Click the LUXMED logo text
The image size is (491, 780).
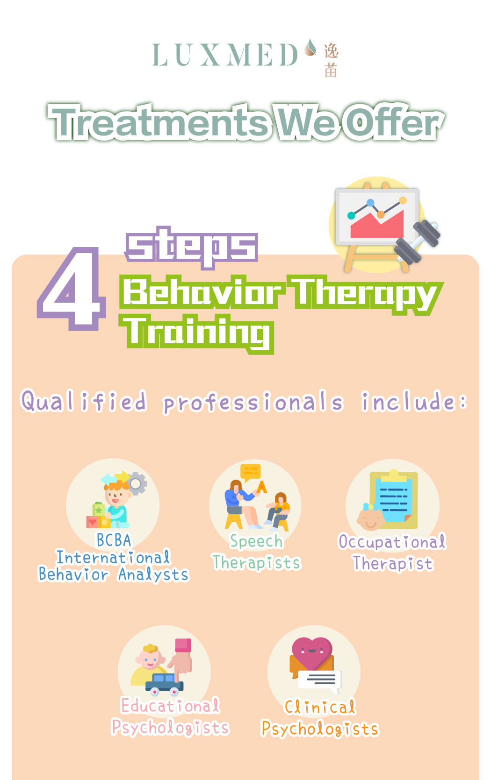(x=225, y=55)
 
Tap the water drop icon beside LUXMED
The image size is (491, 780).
(x=310, y=47)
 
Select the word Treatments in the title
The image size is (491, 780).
(x=159, y=122)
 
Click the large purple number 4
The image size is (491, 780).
(x=72, y=288)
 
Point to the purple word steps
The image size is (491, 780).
(x=192, y=247)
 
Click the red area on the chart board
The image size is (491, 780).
(x=377, y=225)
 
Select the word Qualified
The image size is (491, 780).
(x=84, y=402)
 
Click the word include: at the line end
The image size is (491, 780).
(x=414, y=402)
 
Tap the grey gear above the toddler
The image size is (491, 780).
(x=137, y=483)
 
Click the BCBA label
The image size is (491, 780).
(x=114, y=540)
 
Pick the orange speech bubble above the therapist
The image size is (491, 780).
(x=250, y=472)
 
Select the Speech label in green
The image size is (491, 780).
(x=256, y=542)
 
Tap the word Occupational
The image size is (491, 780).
(x=392, y=542)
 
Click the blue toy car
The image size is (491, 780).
(x=164, y=684)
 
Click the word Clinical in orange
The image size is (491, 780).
(x=320, y=707)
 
